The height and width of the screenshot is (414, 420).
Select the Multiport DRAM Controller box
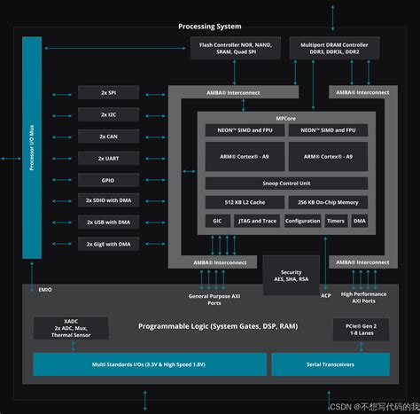coord(333,49)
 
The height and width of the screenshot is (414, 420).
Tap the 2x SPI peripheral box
coord(108,92)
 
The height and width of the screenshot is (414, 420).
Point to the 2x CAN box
coord(108,136)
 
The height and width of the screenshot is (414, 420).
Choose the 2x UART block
coord(108,157)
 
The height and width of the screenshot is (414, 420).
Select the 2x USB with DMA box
coord(108,222)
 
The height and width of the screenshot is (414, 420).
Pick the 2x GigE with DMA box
coord(108,243)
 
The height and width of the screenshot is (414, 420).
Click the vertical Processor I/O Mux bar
coord(32,147)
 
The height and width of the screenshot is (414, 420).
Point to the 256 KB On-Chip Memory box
coord(322,203)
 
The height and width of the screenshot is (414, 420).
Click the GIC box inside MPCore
coord(217,221)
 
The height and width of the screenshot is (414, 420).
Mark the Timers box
coord(336,221)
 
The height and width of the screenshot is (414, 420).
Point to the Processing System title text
coord(209,27)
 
